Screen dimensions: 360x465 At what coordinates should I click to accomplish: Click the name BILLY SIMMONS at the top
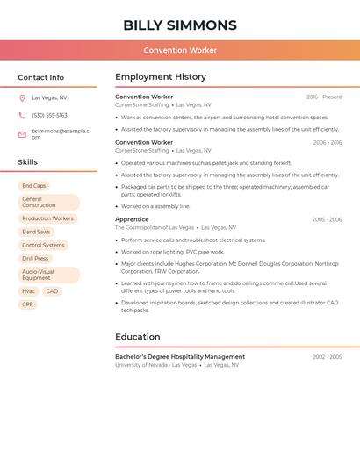pos(180,25)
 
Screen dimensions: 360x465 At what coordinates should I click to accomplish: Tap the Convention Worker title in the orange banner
pos(180,50)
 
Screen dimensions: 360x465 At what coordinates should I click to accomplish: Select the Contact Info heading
pos(41,77)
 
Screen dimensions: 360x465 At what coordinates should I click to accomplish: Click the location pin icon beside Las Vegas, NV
pos(22,98)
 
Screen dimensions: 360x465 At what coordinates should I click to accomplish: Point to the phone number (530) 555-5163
pos(49,115)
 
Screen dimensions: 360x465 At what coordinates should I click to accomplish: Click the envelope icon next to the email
pos(22,134)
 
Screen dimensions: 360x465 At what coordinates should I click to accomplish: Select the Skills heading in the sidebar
pos(28,162)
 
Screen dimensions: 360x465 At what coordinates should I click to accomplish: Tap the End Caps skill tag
pos(34,186)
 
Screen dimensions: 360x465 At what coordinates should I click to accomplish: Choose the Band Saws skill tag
pos(36,232)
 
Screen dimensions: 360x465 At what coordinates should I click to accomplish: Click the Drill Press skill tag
pos(35,259)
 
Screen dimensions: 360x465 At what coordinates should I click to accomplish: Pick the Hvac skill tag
pos(28,291)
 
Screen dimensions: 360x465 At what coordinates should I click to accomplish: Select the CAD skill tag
pos(52,291)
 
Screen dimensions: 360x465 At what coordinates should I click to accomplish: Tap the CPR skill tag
pos(28,304)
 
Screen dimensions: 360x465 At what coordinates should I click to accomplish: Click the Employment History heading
pos(161,77)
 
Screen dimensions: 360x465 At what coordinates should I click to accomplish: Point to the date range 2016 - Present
pos(324,97)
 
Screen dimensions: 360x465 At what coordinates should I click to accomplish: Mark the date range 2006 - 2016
pos(327,142)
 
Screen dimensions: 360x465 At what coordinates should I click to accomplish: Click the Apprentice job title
pos(132,219)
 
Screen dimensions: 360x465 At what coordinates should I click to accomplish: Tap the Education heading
pos(138,337)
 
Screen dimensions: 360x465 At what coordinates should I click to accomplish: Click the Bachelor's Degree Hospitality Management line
pos(180,357)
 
